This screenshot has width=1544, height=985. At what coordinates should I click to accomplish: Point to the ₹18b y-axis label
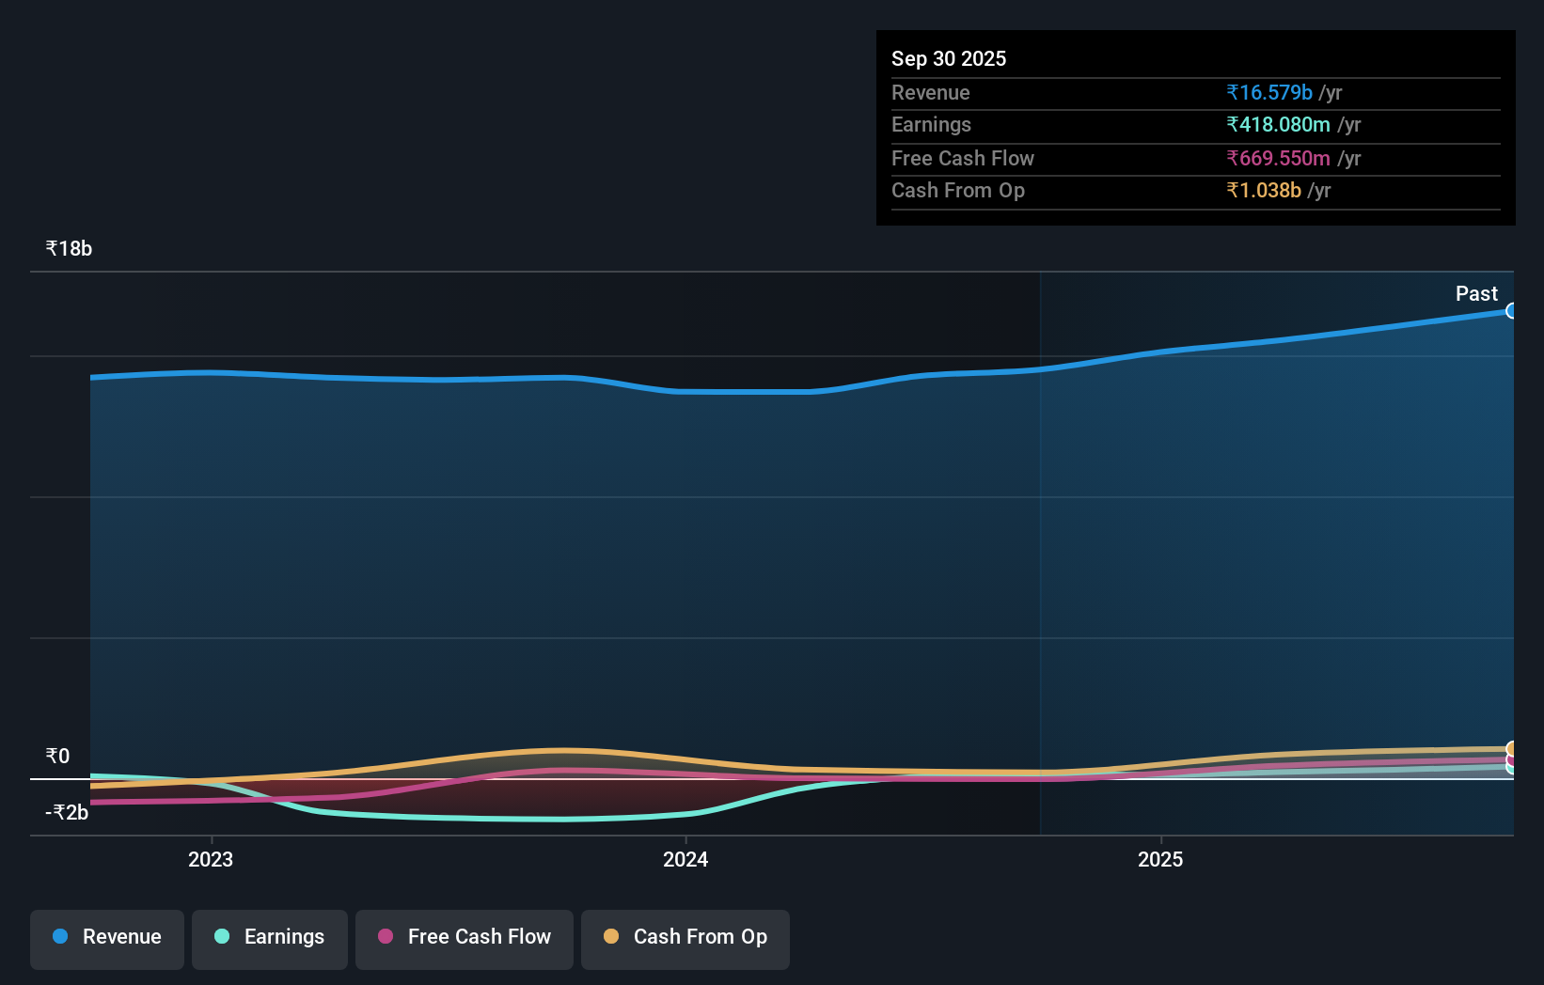[69, 249]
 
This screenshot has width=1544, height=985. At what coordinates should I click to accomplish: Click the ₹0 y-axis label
[57, 757]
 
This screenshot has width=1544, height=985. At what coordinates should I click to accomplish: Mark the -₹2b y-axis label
[67, 813]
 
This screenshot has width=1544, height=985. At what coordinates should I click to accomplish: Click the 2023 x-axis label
[211, 860]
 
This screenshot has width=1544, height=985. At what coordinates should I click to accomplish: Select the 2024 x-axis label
[685, 860]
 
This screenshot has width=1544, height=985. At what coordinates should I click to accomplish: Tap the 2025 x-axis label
[1160, 860]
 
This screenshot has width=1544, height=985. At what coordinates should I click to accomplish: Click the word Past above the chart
[1476, 294]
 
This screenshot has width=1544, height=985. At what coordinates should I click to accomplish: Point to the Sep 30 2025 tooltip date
[949, 59]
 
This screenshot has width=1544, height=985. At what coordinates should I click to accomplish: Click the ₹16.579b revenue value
[1268, 93]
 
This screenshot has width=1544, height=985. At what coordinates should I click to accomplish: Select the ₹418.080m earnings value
[1278, 125]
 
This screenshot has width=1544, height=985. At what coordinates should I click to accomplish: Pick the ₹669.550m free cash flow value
[1278, 159]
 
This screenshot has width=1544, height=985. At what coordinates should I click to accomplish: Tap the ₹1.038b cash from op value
[1264, 191]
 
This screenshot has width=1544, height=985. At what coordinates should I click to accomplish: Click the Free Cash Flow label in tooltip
[962, 159]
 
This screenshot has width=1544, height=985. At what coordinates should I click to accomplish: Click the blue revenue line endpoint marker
[1511, 311]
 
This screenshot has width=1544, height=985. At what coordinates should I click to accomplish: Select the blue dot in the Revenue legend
[60, 937]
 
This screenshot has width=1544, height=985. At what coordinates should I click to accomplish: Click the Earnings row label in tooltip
[931, 125]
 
